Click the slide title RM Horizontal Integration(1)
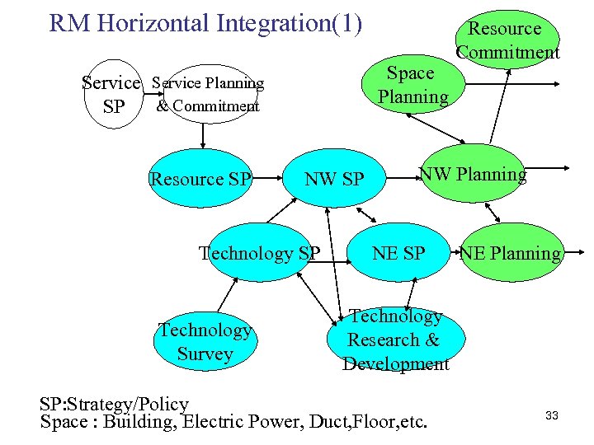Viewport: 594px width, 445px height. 205,23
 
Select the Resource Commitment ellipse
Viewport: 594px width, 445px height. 508,40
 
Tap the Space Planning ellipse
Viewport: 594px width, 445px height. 412,84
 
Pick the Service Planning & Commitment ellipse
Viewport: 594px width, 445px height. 209,94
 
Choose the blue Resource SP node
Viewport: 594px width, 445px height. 200,179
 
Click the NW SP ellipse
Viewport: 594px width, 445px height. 334,179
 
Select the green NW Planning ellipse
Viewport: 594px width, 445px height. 473,174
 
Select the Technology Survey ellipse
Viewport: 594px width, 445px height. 204,342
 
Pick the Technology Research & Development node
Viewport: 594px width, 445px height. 395,340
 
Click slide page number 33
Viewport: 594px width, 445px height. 552,415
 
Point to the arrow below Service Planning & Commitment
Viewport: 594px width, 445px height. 203,137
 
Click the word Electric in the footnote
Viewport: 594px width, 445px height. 214,423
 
